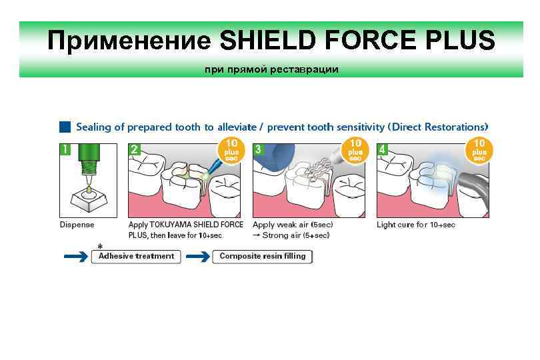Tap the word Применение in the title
click(x=129, y=41)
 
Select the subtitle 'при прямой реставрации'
click(x=271, y=69)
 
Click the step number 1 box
click(x=65, y=149)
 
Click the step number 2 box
click(x=135, y=149)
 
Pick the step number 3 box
click(x=258, y=149)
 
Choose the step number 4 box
click(x=382, y=149)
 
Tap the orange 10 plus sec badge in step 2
click(x=231, y=149)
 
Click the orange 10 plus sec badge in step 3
click(x=355, y=149)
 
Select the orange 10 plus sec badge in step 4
click(x=479, y=149)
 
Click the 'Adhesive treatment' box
click(x=136, y=256)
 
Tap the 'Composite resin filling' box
click(x=262, y=256)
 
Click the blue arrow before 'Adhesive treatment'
click(x=75, y=256)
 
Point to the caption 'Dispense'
click(x=77, y=225)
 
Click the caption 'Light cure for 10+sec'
click(x=416, y=225)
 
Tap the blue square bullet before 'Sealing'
click(x=65, y=127)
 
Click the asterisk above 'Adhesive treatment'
click(x=100, y=246)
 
